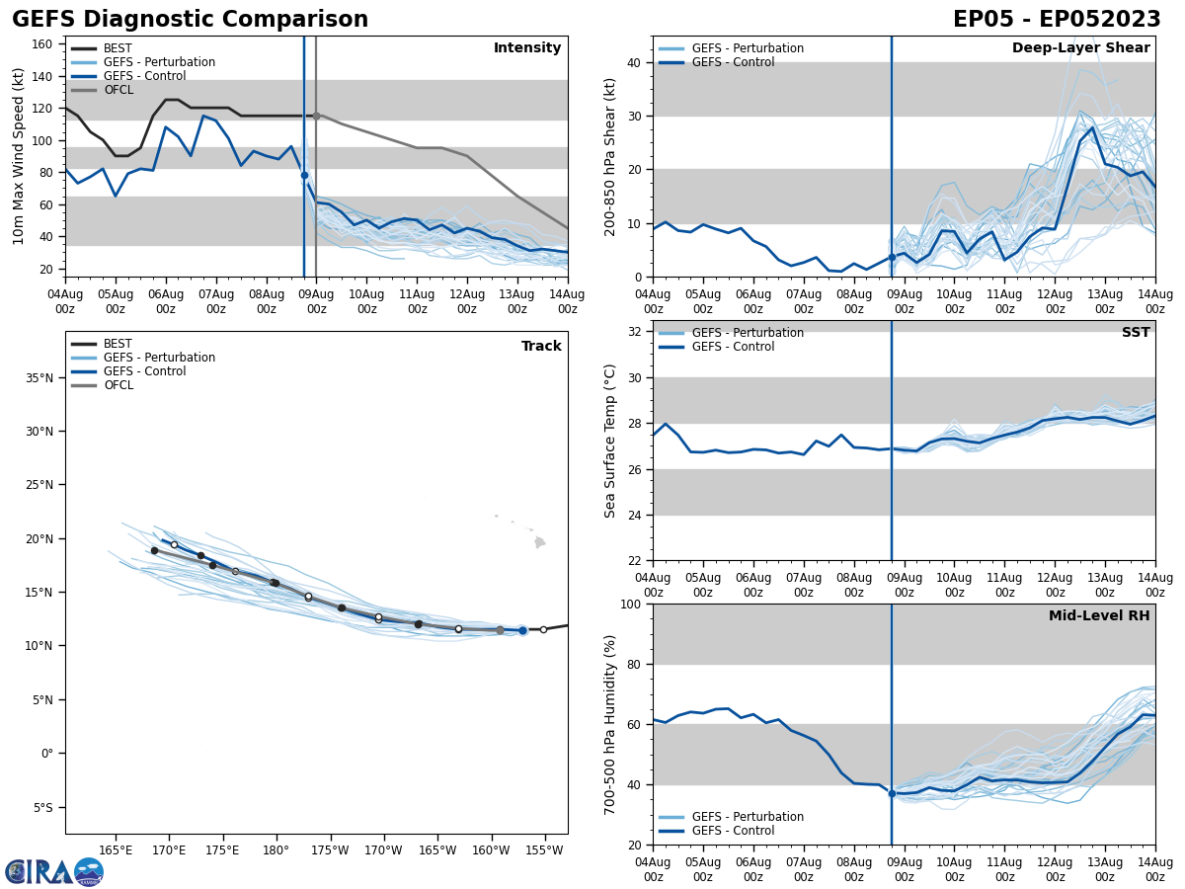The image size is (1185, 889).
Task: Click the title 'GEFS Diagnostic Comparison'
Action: tap(190, 20)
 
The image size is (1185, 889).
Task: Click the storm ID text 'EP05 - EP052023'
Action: tap(1057, 20)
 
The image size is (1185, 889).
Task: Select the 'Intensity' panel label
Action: tap(527, 48)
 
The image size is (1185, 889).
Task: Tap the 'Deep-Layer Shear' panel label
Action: tap(1080, 48)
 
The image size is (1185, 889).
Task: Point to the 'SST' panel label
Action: tap(1136, 333)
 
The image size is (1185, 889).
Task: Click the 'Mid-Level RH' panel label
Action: tap(1099, 616)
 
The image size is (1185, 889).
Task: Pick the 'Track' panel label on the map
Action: tap(541, 347)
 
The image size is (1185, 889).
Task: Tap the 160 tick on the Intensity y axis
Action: tap(44, 44)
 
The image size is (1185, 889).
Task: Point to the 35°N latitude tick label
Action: tap(39, 377)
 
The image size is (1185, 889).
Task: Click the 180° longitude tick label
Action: tap(276, 850)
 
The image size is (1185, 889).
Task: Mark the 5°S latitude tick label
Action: tap(43, 807)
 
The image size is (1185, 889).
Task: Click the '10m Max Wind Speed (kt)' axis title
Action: tap(19, 156)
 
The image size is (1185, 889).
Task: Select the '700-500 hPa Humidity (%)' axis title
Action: tap(611, 724)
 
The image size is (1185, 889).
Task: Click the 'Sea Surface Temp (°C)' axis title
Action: tap(611, 441)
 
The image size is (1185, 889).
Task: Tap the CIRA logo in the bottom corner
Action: tap(54, 872)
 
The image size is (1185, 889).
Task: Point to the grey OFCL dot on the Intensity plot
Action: tap(316, 116)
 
